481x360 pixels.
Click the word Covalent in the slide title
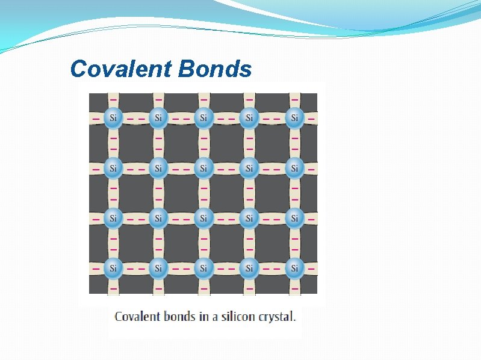(x=120, y=70)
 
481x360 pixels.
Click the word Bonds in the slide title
(x=215, y=70)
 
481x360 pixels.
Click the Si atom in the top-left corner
(x=112, y=118)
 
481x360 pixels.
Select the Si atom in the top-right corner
(x=294, y=118)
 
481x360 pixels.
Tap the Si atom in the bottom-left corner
(x=112, y=268)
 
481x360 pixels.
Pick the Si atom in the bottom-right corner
(x=294, y=268)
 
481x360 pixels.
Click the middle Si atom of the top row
(x=203, y=118)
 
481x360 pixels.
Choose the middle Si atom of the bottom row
(x=203, y=268)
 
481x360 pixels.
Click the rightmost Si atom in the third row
(x=294, y=218)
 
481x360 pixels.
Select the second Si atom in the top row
(x=158, y=118)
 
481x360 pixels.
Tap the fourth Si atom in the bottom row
(x=249, y=268)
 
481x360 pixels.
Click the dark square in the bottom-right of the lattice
(x=272, y=243)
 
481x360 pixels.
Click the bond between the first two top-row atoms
(x=135, y=118)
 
